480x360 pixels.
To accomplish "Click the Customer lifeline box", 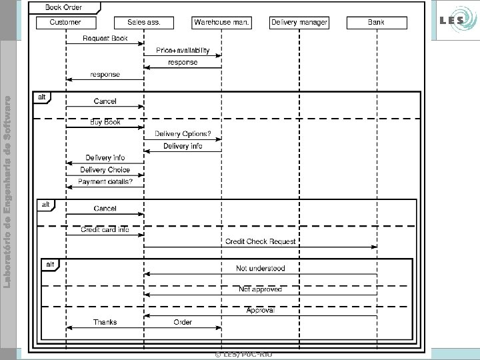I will pos(66,23).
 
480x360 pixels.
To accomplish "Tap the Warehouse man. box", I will pos(222,23).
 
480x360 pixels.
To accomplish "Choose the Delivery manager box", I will pos(299,23).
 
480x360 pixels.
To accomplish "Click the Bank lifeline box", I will pos(376,23).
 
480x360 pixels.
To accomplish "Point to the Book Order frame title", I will pos(64,7).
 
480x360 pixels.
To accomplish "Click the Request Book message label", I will pos(105,39).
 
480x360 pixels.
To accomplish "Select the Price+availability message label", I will pos(183,51).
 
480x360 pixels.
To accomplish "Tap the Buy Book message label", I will pos(105,122).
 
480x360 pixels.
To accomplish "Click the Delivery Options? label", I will pos(183,134).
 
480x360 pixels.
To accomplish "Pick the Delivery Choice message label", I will pos(105,169).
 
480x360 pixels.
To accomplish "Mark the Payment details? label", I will pos(105,181).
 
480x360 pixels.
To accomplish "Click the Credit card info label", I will pos(105,229).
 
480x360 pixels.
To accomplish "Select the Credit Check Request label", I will pos(261,241).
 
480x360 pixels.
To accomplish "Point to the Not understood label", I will pos(261,269).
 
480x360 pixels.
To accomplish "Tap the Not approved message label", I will pos(261,289).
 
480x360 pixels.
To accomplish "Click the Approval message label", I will pos(261,310).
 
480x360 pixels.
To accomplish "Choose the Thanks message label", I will pos(105,323).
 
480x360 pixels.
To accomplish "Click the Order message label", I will pos(183,323).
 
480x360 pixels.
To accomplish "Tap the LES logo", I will pos(455,22).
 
